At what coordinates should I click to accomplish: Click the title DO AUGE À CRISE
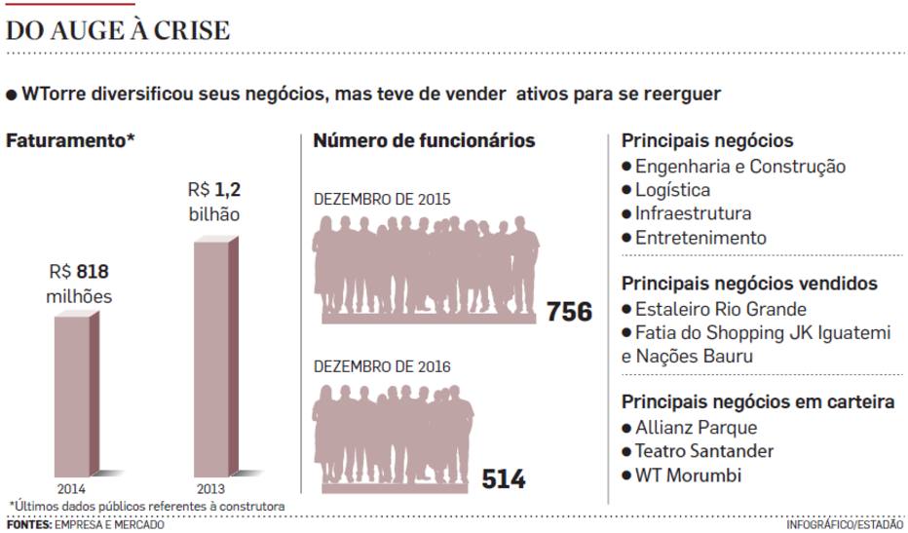point(118,29)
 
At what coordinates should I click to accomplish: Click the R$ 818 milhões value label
point(80,283)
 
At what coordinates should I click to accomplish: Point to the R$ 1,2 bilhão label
point(214,201)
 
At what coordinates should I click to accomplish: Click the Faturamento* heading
point(70,140)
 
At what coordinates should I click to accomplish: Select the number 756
point(569,312)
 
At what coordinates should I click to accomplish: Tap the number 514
point(503,479)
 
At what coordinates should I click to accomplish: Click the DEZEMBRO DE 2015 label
point(382,199)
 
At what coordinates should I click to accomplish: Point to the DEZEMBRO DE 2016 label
point(382,366)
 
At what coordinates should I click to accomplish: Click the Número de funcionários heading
point(424,140)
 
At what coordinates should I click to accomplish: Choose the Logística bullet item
point(672,190)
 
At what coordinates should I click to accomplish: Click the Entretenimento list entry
point(700,238)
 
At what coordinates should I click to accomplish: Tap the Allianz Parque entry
point(695,428)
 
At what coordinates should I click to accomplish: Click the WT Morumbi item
point(687,476)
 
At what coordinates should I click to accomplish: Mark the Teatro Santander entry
point(703,451)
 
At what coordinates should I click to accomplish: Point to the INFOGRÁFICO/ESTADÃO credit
point(844,525)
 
